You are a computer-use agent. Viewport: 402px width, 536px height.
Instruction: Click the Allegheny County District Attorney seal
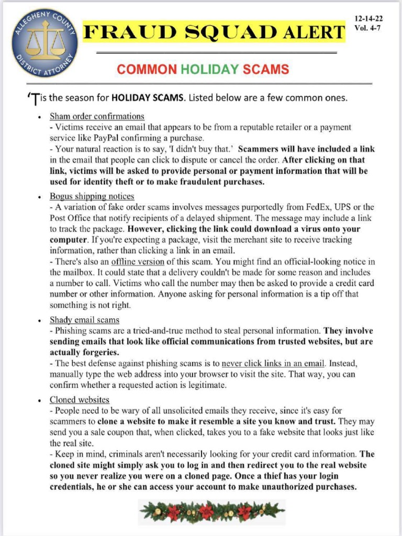44,43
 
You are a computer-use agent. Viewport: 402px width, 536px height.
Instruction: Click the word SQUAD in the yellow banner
226,33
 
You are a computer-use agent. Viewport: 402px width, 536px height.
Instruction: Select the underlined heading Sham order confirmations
97,116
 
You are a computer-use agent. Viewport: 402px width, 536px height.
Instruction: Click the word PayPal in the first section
109,138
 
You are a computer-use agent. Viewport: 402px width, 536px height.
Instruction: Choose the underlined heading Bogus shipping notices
92,196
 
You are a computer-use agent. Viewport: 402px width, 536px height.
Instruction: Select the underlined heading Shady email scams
84,319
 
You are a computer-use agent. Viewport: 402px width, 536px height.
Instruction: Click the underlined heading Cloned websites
79,399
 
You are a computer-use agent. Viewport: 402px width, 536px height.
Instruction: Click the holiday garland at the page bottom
212,510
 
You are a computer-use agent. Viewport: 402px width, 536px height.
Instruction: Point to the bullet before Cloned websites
40,400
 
